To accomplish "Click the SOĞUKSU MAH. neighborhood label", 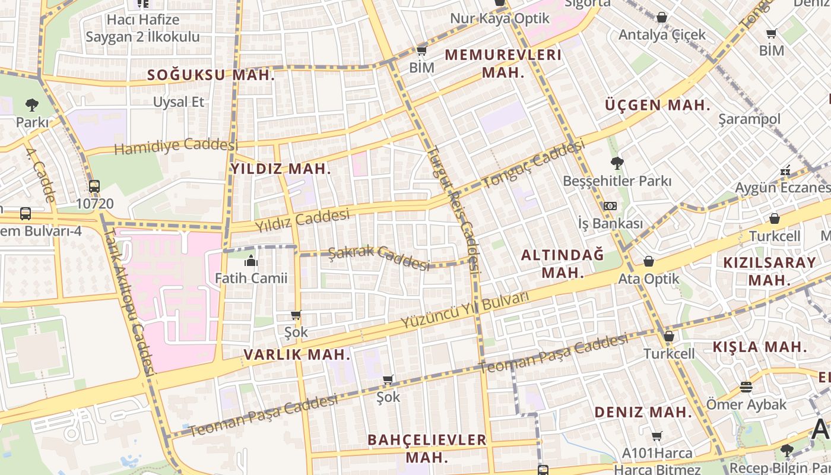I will tap(211, 75).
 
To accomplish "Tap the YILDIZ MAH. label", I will tap(280, 169).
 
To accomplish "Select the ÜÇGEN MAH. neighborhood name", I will tap(658, 106).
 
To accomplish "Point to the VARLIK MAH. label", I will tap(297, 355).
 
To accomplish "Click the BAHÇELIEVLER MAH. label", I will tap(427, 448).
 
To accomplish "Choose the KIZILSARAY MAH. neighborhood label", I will tap(769, 271).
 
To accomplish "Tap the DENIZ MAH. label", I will tap(643, 412).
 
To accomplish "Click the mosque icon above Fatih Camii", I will tap(250, 261).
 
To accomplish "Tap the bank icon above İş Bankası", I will tap(610, 206).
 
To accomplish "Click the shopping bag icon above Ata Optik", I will tap(649, 261).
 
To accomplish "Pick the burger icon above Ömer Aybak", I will tap(746, 388).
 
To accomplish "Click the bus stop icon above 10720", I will tap(94, 186).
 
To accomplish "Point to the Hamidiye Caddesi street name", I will tap(176, 145).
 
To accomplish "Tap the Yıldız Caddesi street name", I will tap(302, 221).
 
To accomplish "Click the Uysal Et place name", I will tap(179, 102).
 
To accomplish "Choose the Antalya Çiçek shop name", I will tap(662, 34).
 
